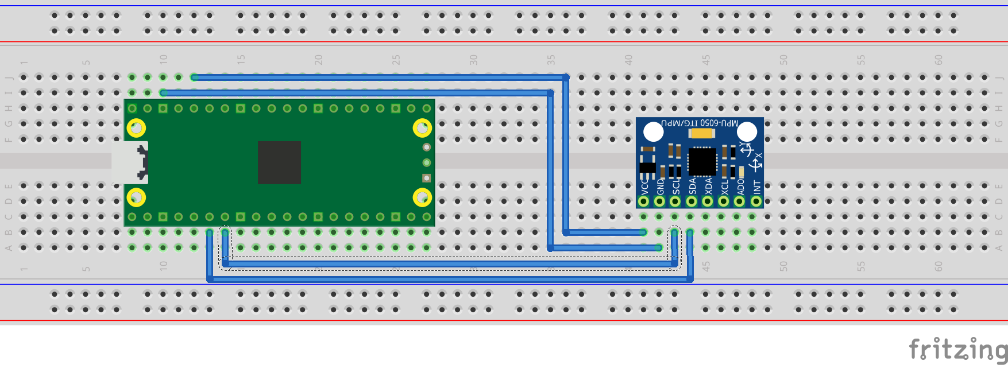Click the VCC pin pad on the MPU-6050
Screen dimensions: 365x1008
pyautogui.click(x=644, y=201)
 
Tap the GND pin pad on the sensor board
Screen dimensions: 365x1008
pyautogui.click(x=659, y=201)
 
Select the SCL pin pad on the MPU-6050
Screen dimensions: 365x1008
pyautogui.click(x=675, y=201)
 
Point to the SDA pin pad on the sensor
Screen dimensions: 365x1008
pyautogui.click(x=692, y=201)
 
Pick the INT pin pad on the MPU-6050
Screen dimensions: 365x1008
pyautogui.click(x=756, y=201)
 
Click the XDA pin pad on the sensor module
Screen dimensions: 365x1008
pyautogui.click(x=708, y=201)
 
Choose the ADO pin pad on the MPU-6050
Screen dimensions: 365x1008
pyautogui.click(x=740, y=201)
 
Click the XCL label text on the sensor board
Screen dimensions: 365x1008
pyautogui.click(x=724, y=187)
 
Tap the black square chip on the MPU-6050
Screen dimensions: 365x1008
pyautogui.click(x=702, y=161)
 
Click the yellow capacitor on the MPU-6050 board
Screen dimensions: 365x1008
pyautogui.click(x=701, y=134)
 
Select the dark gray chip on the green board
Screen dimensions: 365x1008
pyautogui.click(x=279, y=162)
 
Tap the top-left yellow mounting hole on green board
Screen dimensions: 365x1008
pyautogui.click(x=136, y=128)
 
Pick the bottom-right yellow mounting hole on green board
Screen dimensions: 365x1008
pyautogui.click(x=422, y=197)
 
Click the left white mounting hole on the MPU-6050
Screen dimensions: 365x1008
pyautogui.click(x=654, y=132)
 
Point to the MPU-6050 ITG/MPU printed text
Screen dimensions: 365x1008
pyautogui.click(x=699, y=123)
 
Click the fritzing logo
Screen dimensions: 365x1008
pyautogui.click(x=957, y=348)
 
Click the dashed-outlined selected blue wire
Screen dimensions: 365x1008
pyautogui.click(x=448, y=263)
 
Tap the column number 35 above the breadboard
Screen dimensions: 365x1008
pyautogui.click(x=551, y=60)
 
